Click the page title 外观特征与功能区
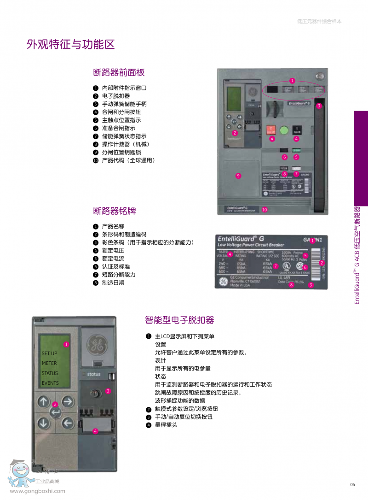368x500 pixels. tap(70, 45)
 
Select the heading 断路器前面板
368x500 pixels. tap(119, 72)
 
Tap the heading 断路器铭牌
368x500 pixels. tap(115, 211)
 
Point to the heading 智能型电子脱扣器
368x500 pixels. tap(179, 320)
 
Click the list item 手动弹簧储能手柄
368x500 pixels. tap(124, 104)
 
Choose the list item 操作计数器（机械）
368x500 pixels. tap(125, 144)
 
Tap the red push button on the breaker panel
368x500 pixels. tap(271, 130)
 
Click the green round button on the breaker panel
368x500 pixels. tap(284, 130)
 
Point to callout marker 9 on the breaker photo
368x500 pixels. tap(238, 176)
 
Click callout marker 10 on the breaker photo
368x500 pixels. tap(264, 209)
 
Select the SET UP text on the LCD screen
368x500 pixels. tap(50, 353)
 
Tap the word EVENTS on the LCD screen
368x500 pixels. tap(51, 383)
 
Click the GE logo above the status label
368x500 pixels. tap(97, 344)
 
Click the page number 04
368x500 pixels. tap(353, 484)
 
